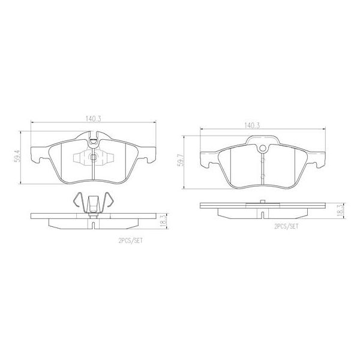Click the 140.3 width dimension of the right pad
click(251, 125)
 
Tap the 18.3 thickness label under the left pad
click(163, 222)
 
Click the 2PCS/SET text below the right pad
click(286, 228)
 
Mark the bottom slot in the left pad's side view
click(94, 226)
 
